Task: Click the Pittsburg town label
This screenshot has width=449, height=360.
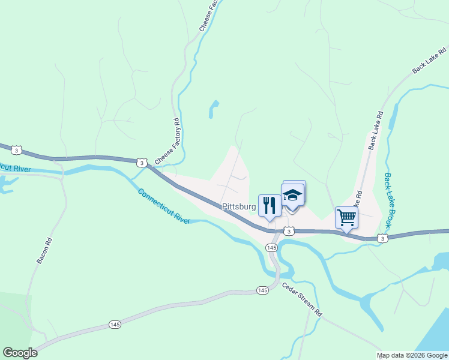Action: coord(239,206)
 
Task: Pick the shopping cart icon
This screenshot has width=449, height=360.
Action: coord(346,217)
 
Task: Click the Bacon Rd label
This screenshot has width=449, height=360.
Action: coord(45,251)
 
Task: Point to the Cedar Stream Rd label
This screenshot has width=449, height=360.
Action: coord(303,300)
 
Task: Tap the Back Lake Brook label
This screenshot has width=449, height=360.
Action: coord(388,200)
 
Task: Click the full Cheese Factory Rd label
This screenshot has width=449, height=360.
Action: coord(167,142)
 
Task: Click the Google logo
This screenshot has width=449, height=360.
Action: coord(20,353)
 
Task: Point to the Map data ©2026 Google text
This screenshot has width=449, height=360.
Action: coord(412,355)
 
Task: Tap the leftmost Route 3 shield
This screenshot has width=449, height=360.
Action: coord(17,150)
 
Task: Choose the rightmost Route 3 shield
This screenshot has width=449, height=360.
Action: coord(382,239)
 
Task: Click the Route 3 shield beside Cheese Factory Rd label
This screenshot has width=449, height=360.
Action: coord(141,163)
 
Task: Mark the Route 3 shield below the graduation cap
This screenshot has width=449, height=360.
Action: coord(289,231)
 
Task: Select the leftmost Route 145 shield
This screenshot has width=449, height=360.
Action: coord(115,324)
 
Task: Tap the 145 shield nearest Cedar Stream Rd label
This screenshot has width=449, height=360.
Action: coord(262,290)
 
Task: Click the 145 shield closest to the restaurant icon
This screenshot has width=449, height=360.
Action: coord(272,247)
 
